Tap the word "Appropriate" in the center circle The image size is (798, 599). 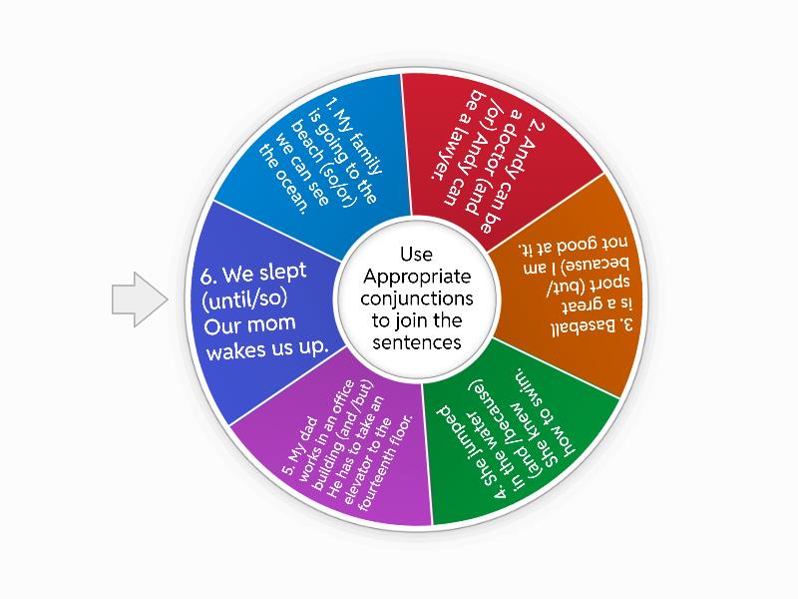coord(417,278)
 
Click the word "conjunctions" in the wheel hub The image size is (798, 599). coord(417,298)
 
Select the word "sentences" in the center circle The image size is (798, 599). coord(417,342)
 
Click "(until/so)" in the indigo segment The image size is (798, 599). coord(244,299)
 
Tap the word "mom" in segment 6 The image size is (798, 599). coord(272,323)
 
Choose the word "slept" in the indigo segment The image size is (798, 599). coord(282,272)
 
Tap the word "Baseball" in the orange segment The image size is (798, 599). coord(593,327)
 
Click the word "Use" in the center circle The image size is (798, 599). coord(417,255)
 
